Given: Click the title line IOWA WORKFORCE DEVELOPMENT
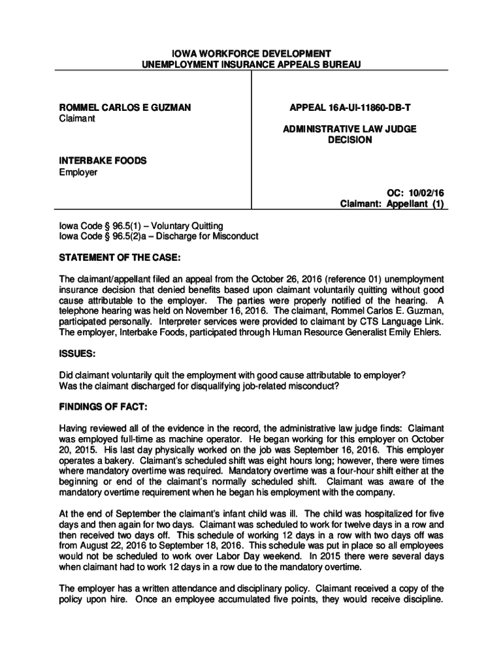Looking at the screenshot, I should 251,53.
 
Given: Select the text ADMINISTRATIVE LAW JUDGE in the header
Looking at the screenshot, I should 349,129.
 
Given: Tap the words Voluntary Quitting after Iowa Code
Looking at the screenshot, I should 187,225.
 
